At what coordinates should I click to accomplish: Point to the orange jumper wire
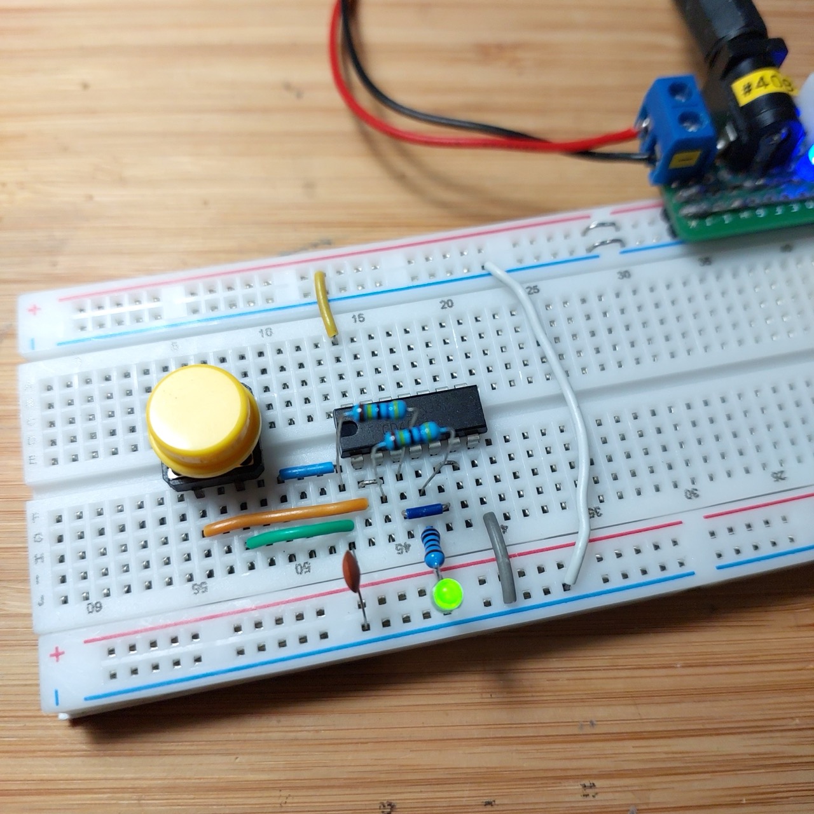[286, 516]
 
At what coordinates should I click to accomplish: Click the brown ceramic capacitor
[352, 567]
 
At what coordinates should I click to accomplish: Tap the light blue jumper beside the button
[306, 471]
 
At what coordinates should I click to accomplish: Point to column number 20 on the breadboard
[447, 304]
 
